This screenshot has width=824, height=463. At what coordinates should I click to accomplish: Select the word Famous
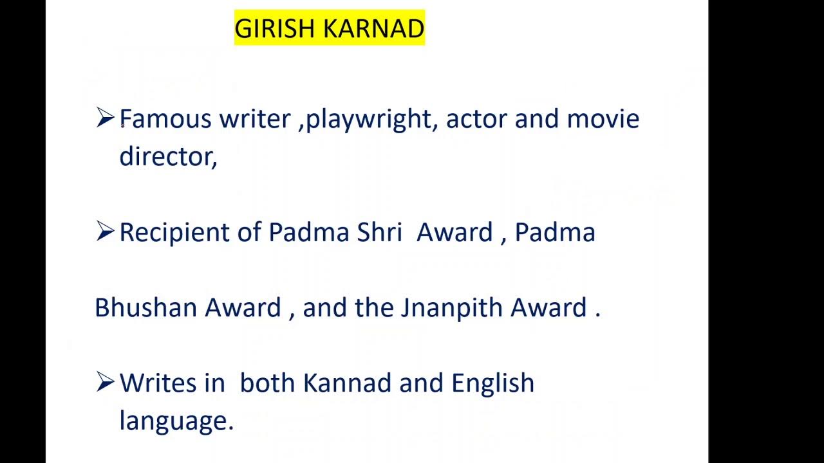[x=165, y=119]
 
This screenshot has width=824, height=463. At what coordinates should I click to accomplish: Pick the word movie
[x=603, y=119]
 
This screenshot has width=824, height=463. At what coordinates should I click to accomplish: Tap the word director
[x=167, y=156]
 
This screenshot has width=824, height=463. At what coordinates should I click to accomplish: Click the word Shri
[x=379, y=232]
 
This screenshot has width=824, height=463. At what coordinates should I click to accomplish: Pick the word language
[x=176, y=422]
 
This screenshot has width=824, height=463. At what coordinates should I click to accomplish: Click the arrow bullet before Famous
[x=105, y=118]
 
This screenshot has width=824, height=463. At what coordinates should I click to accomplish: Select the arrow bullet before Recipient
[x=105, y=231]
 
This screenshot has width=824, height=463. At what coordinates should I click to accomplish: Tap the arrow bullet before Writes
[x=105, y=382]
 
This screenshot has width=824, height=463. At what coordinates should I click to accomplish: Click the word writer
[x=254, y=119]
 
